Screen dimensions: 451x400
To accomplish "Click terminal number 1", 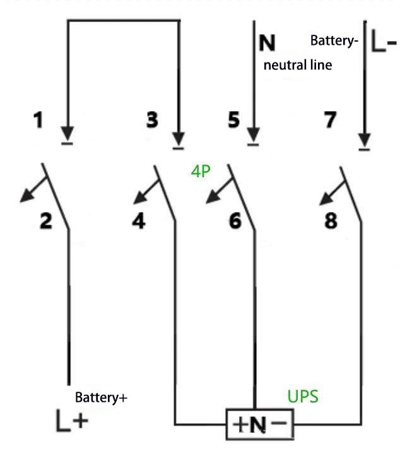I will [x=39, y=120].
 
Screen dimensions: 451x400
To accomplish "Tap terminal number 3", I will [x=151, y=120].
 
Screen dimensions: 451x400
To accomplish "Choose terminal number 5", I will [x=234, y=120].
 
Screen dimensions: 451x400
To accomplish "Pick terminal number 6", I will [x=235, y=221].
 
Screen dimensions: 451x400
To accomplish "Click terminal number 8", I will [x=330, y=221].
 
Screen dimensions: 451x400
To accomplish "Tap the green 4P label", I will [x=201, y=172].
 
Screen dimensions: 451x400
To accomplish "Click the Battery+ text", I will [x=102, y=398].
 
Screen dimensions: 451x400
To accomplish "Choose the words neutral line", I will [x=297, y=65].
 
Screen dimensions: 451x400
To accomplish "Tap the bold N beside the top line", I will [x=268, y=43].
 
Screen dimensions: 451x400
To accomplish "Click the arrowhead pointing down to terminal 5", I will [x=253, y=136].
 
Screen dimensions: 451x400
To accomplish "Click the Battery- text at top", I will [x=334, y=41].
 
